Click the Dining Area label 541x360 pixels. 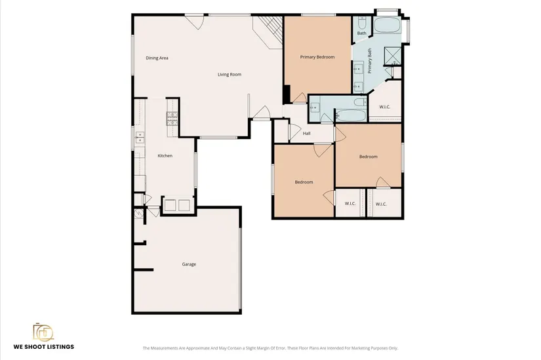point(157,58)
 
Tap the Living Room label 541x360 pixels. point(230,74)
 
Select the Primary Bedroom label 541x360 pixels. point(317,57)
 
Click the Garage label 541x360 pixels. point(189,264)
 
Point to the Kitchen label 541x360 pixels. point(165,155)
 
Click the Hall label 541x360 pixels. point(306,133)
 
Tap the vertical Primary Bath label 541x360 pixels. point(370,61)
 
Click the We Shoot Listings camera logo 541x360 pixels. point(43,332)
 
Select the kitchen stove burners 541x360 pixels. point(172,119)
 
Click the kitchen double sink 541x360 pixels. point(140,137)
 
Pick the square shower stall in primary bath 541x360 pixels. point(393,56)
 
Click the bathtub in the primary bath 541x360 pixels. point(387,25)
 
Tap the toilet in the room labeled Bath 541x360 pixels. point(362,23)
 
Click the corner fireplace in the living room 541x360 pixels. point(268,32)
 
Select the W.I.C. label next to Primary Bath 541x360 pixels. point(385,107)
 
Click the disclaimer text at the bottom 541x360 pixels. point(270,348)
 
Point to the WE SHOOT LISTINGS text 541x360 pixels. point(44,346)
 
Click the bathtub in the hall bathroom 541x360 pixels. point(350,115)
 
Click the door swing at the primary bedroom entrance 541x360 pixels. point(300,98)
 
